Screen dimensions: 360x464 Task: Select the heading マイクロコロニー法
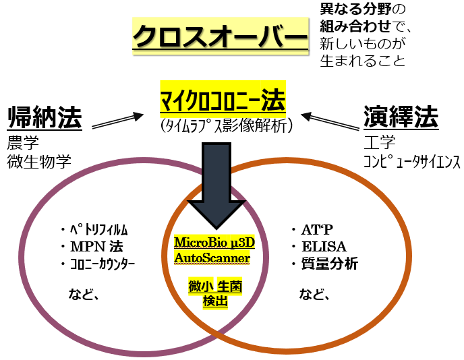223,100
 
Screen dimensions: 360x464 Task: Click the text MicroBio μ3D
212,241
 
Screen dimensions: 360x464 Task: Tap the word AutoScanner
212,257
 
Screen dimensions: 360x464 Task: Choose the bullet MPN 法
92,246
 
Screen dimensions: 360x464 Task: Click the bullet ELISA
321,246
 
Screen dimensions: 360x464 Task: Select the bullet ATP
314,230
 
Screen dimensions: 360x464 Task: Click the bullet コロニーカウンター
101,263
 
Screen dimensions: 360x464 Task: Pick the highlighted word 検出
215,301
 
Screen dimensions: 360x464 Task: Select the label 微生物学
39,162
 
